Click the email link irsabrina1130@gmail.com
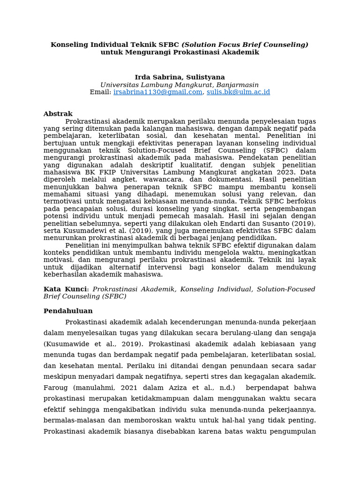[157, 92]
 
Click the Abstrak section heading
[58, 114]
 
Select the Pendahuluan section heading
[68, 311]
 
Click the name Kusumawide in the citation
[66, 344]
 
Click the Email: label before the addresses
[101, 92]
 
